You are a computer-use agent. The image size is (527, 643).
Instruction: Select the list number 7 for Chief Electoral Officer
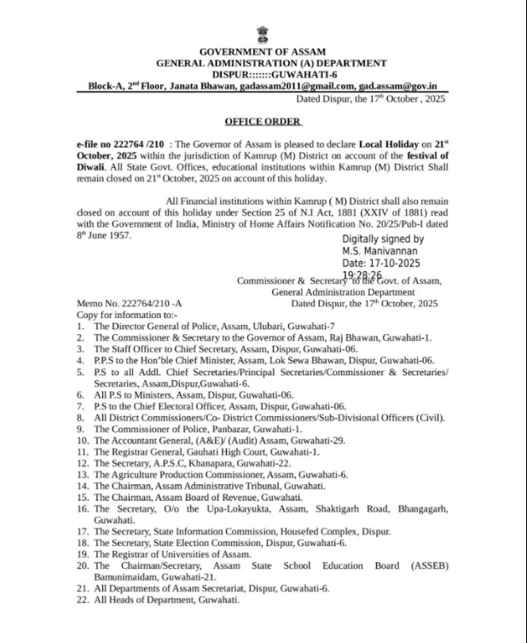click(x=79, y=407)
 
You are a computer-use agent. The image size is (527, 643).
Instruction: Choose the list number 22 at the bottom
click(x=81, y=600)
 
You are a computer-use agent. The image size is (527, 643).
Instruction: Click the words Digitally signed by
click(x=383, y=240)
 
